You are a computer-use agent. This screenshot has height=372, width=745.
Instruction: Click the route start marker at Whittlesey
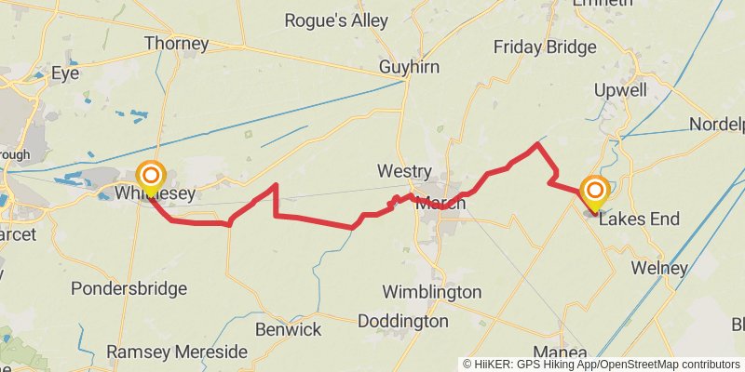coord(151,177)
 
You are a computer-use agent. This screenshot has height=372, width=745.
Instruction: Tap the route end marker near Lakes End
coord(594,192)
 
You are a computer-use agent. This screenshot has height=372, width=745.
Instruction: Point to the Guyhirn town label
coord(409,67)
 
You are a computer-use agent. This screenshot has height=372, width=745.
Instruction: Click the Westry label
coord(404,171)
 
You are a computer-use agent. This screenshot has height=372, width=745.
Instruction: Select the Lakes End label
coord(639,219)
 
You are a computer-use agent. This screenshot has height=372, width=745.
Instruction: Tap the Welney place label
coord(659,268)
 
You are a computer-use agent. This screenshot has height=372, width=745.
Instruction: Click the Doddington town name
coord(401,321)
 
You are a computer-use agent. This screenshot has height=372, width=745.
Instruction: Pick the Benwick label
coord(288,329)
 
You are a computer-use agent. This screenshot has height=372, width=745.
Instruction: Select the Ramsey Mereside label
coord(177,352)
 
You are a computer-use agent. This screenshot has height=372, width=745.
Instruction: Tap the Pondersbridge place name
coord(129,288)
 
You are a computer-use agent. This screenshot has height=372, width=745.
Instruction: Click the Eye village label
coord(65,72)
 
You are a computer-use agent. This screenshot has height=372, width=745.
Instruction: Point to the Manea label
coord(561,352)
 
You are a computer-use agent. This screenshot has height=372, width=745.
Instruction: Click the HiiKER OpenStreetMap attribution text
coord(602,364)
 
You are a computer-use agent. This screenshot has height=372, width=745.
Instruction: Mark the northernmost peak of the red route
coord(537,144)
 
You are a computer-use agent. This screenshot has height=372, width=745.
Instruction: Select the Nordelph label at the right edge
coord(717,125)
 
